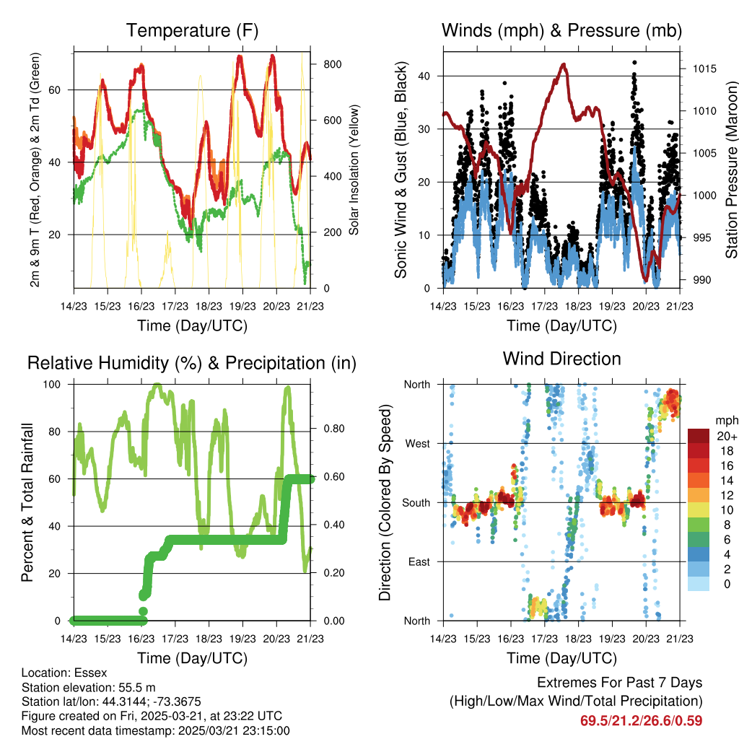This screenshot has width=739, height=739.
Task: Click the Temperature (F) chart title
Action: pos(192,31)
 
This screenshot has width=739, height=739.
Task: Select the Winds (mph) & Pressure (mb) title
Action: pos(561,31)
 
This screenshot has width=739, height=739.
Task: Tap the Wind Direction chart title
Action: pos(561,359)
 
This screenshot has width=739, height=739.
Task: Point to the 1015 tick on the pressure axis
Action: pos(704,69)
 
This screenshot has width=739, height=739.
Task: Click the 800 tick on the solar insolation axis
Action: pos(332,64)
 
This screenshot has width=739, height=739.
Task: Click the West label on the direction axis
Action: pos(416,443)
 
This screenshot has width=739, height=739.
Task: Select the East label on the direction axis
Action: pos(419,561)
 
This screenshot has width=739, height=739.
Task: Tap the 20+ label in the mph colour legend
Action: pos(725,436)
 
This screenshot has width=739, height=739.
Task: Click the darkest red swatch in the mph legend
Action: pos(699,436)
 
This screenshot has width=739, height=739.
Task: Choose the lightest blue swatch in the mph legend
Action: pos(699,585)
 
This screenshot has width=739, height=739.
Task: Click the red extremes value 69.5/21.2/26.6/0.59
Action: pos(641,720)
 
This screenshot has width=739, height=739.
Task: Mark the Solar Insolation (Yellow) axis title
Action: pos(354,170)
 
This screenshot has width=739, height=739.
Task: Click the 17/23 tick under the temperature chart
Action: pos(175,305)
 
